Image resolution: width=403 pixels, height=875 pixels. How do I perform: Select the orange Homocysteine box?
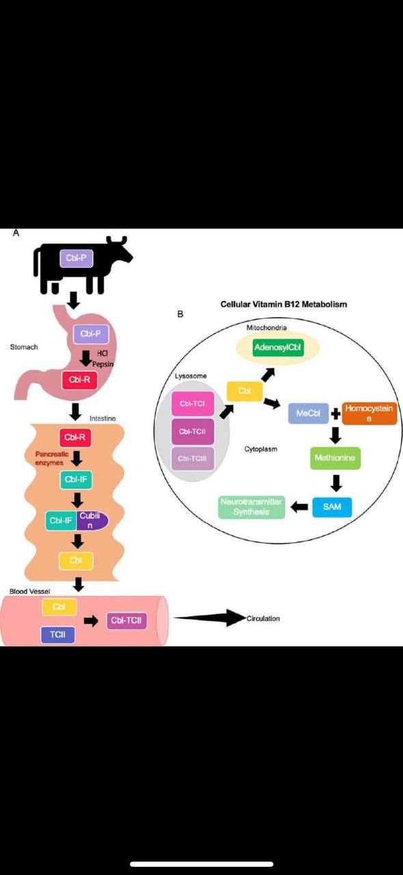point(369,413)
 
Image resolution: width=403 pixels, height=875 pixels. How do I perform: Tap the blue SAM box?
point(332,507)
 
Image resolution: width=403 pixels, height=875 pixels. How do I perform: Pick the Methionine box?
point(335,458)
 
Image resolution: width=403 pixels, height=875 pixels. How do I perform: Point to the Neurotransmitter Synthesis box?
point(251,507)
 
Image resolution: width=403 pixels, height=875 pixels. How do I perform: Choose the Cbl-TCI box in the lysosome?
point(193,405)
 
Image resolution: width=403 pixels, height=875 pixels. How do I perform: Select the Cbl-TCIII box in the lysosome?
point(193,458)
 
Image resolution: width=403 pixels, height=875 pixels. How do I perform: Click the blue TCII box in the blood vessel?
point(57,635)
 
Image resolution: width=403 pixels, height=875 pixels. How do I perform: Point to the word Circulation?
point(263,619)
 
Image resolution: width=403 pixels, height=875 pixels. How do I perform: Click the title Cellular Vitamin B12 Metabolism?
point(283,304)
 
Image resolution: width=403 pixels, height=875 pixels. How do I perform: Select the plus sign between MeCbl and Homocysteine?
point(335,414)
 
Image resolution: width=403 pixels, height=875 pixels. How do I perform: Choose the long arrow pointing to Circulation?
point(208,618)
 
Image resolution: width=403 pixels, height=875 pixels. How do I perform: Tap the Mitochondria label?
point(267,329)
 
